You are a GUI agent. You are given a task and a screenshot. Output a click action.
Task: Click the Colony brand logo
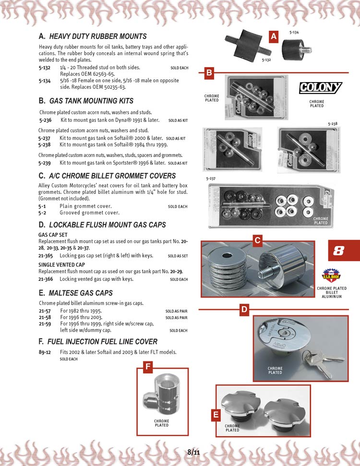321,88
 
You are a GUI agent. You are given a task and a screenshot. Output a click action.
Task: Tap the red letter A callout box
274,36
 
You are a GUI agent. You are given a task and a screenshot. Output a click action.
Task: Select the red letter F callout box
148,367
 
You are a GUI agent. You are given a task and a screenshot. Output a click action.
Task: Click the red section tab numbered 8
344,251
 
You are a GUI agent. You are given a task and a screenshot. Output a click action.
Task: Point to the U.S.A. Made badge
332,275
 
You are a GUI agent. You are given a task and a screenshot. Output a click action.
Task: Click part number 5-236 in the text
45,120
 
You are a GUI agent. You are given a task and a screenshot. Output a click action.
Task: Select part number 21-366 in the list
46,279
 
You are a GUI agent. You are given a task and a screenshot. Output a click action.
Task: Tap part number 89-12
45,352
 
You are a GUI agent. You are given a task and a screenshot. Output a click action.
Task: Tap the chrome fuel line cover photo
162,394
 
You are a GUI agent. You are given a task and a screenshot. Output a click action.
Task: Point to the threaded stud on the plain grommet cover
267,272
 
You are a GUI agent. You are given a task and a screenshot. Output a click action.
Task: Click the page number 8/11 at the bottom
193,452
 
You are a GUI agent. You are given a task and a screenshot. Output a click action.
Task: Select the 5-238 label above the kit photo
333,124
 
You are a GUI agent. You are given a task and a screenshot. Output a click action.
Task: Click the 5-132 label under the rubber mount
266,60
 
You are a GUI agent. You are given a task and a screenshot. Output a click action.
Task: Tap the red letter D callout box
244,310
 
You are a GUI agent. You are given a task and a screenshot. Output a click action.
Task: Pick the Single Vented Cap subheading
61,265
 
